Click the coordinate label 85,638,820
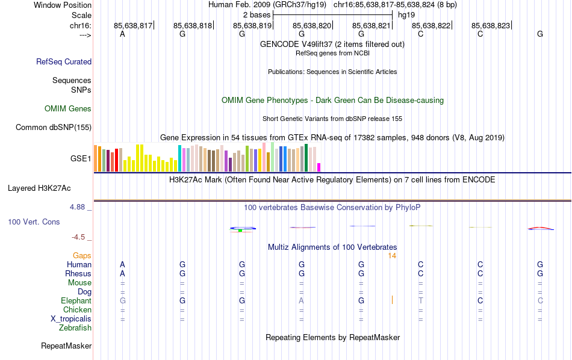pyautogui.click(x=312, y=25)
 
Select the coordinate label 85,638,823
pyautogui.click(x=491, y=25)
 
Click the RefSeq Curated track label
pyautogui.click(x=64, y=61)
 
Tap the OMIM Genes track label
pyautogui.click(x=68, y=109)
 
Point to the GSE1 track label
pyautogui.click(x=81, y=159)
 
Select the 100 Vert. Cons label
pyautogui.click(x=34, y=222)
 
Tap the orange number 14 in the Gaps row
pyautogui.click(x=391, y=256)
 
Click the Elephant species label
pyautogui.click(x=76, y=300)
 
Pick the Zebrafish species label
pyautogui.click(x=75, y=328)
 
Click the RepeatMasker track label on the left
pyautogui.click(x=66, y=346)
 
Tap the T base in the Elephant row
pyautogui.click(x=421, y=300)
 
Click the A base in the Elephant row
pyautogui.click(x=302, y=300)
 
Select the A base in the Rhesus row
pyautogui.click(x=122, y=273)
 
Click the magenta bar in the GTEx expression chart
pyautogui.click(x=319, y=167)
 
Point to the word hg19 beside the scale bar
pyautogui.click(x=406, y=14)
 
